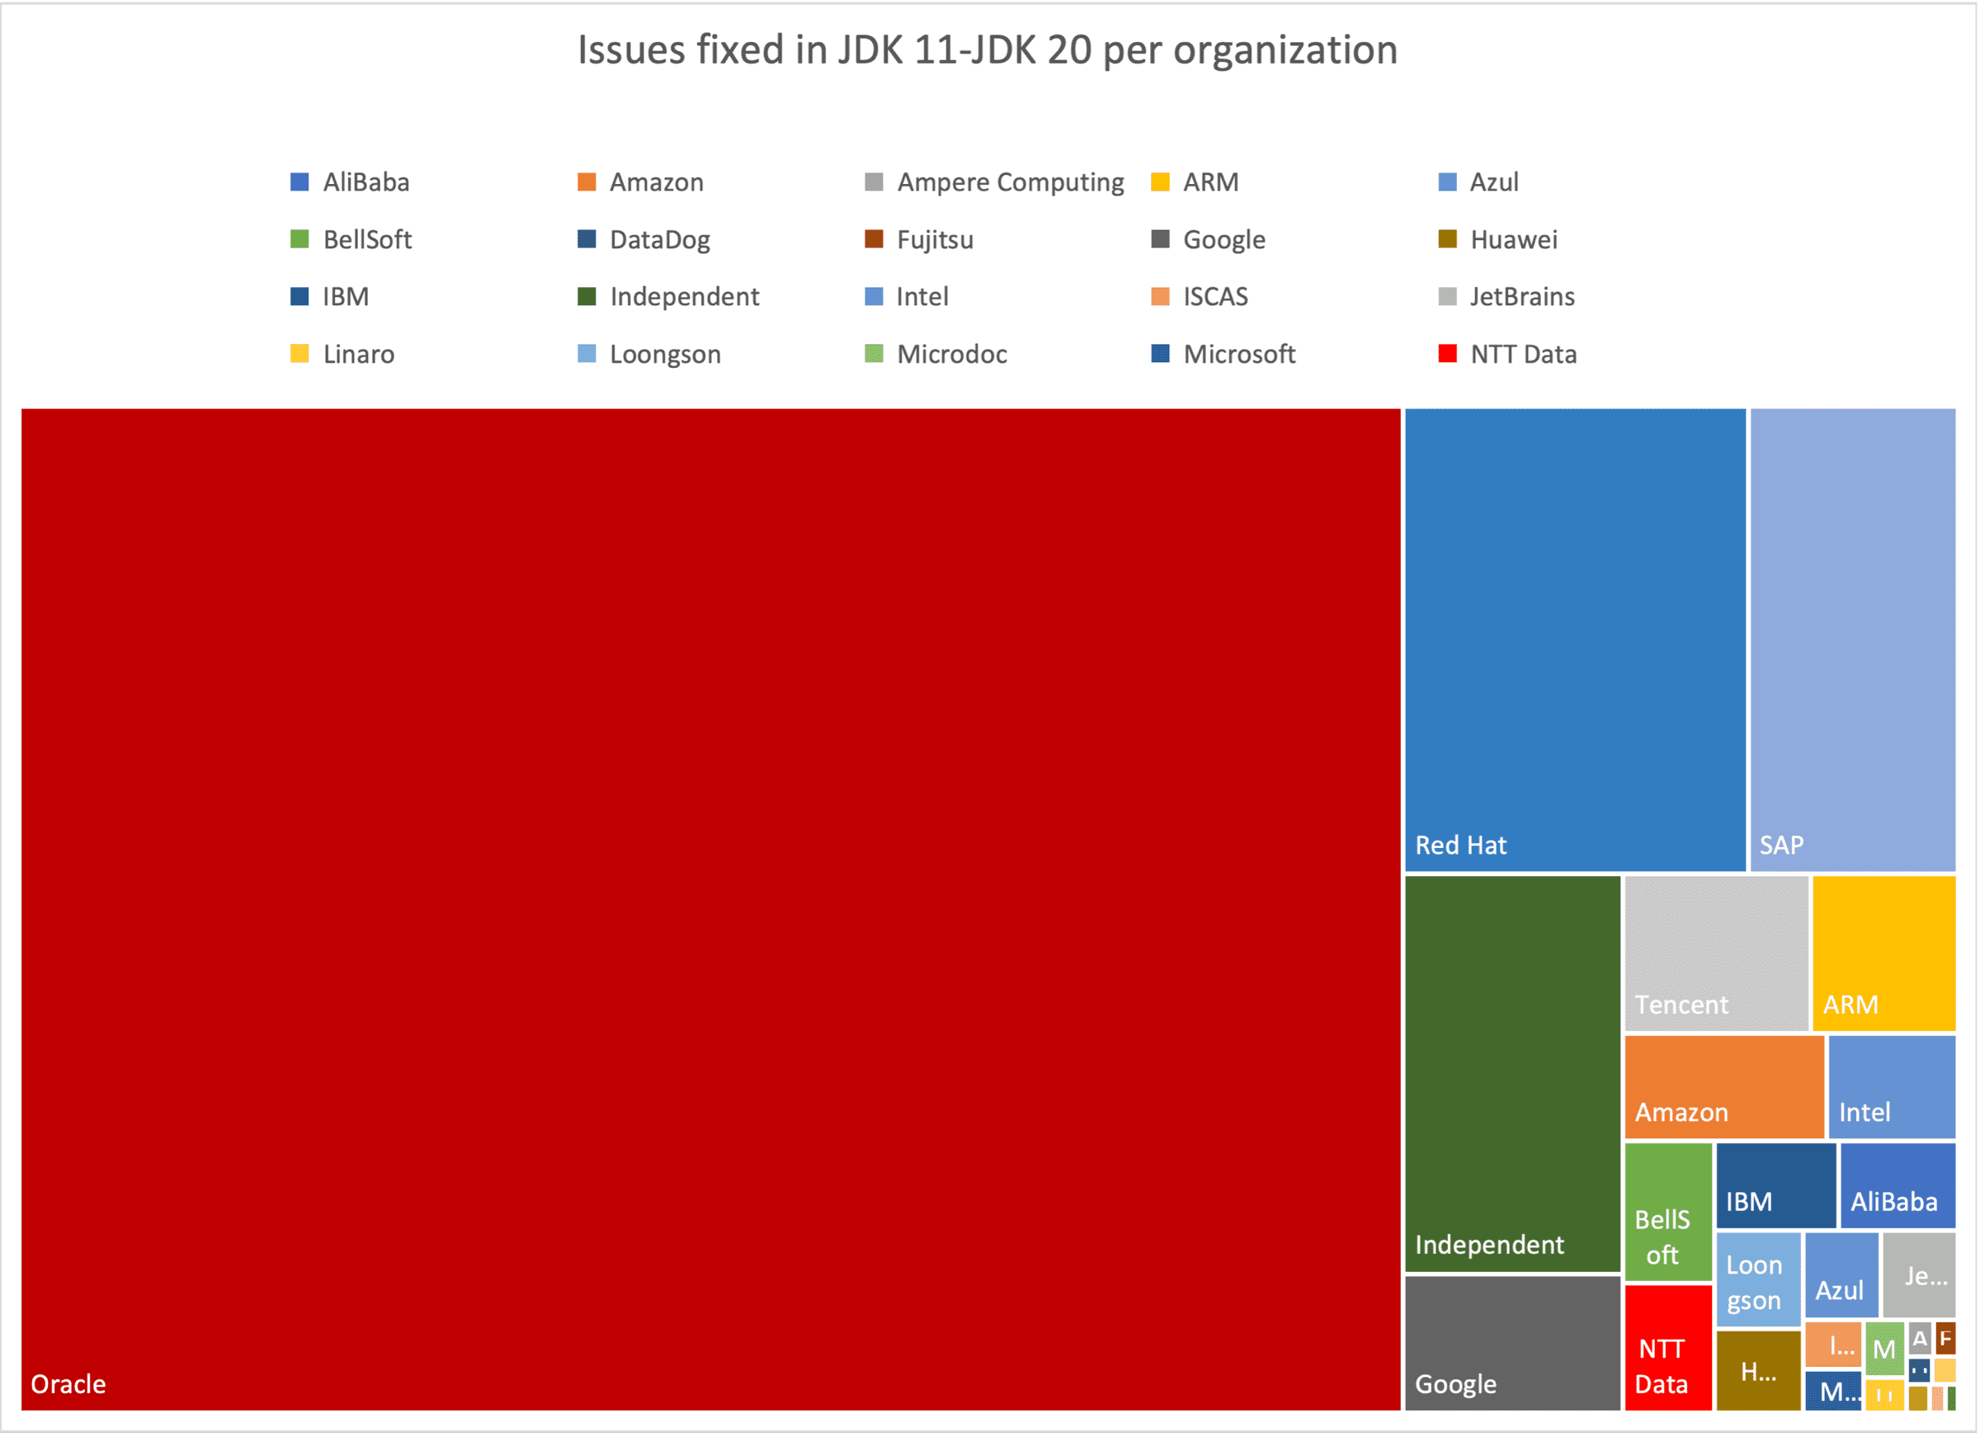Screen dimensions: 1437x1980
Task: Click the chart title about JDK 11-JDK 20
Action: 988,49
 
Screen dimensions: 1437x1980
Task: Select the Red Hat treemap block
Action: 1574,639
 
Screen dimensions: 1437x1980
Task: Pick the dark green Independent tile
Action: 1512,1073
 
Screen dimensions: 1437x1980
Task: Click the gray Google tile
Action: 1512,1342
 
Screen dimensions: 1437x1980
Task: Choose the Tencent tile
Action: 1715,953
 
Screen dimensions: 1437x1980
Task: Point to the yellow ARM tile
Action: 1883,953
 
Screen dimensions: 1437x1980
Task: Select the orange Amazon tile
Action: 1723,1086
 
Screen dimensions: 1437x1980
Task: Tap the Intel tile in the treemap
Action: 1891,1086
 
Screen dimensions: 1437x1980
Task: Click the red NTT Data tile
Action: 1667,1347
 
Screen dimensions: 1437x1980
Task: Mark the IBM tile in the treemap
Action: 1775,1185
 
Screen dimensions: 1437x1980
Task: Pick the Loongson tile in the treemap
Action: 1757,1279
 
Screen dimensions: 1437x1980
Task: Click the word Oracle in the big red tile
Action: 68,1383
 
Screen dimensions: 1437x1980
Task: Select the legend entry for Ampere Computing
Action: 1010,182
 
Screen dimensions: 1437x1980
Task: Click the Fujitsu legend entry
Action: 934,240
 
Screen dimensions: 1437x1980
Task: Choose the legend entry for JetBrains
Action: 1521,297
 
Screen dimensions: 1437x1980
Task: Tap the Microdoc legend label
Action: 951,355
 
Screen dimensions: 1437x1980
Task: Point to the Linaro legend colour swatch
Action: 299,355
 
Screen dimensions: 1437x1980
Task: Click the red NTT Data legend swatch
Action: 1446,355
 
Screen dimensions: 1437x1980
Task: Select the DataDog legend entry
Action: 659,240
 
